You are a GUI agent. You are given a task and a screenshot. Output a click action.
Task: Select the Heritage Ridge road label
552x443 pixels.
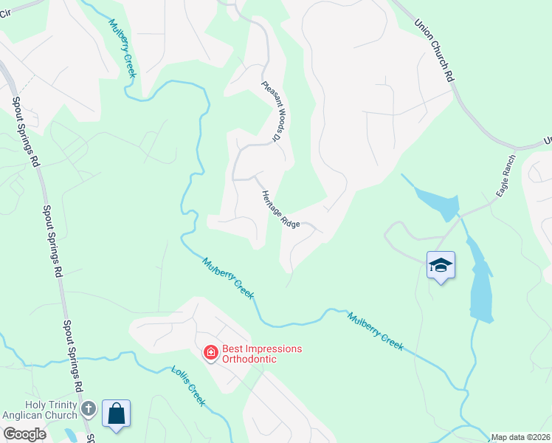click(x=280, y=209)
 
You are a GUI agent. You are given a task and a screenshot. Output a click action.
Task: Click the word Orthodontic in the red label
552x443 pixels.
click(x=251, y=359)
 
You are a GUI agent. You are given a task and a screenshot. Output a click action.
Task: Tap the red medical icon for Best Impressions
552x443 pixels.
click(x=210, y=354)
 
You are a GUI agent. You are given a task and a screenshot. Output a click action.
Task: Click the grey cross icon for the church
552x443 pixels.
click(x=89, y=408)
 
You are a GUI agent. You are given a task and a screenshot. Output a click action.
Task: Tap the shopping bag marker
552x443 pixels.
click(x=117, y=413)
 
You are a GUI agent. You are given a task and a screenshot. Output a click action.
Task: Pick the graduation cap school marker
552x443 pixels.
click(x=441, y=265)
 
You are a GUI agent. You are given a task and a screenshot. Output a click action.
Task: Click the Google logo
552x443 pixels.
click(x=24, y=434)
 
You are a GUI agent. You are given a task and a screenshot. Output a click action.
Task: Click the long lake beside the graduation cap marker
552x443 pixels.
click(x=481, y=281)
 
